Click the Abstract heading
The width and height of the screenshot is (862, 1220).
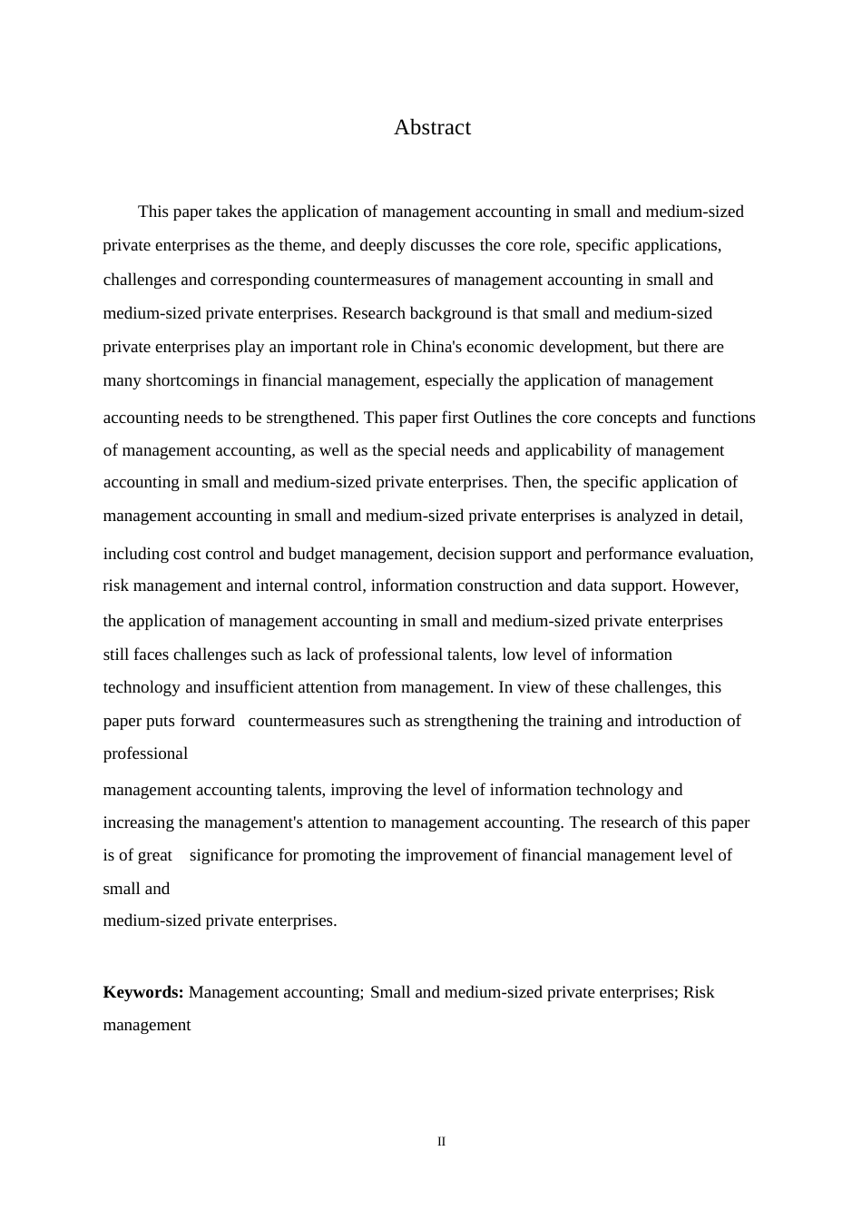coord(432,127)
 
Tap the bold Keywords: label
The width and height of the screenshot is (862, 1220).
coord(143,992)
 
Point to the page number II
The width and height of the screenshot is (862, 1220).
coord(441,1142)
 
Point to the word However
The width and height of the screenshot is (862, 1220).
coord(705,585)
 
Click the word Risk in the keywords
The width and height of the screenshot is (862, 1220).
coord(698,992)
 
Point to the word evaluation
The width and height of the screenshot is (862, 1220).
coord(714,554)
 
